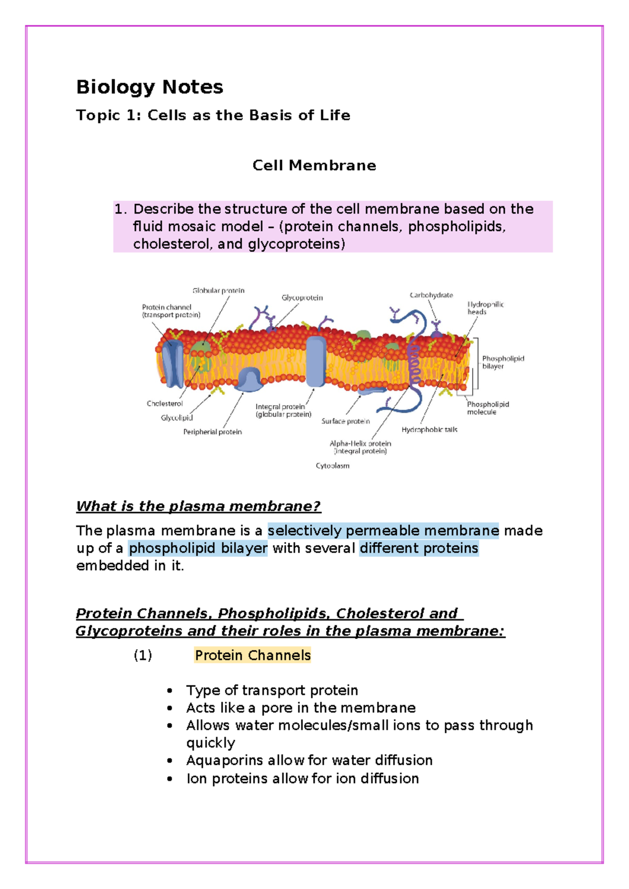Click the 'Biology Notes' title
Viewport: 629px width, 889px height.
coord(149,87)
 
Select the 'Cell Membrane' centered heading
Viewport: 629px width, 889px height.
coord(314,166)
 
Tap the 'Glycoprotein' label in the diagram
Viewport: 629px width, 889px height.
coord(302,298)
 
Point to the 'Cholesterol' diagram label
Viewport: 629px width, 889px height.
coord(165,404)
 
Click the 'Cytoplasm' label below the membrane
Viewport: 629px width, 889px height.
coord(332,465)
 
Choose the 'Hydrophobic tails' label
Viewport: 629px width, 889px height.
coord(429,430)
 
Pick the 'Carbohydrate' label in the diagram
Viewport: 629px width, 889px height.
coord(431,295)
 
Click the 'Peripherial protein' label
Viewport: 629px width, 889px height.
coord(212,432)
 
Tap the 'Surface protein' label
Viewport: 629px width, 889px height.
coord(345,421)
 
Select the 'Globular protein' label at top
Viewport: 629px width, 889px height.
coord(218,290)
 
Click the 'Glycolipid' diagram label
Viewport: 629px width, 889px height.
coord(177,418)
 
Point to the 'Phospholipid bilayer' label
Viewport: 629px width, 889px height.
coord(503,362)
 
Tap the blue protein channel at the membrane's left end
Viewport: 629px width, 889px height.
coord(172,364)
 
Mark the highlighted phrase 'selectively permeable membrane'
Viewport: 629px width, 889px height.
coord(383,531)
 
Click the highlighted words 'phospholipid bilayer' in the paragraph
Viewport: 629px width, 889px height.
coord(198,548)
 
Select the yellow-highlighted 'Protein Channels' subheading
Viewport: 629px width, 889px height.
coord(253,655)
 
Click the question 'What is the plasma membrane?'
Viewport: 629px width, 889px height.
coord(198,506)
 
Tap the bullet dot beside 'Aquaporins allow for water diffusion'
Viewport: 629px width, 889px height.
coord(170,761)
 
